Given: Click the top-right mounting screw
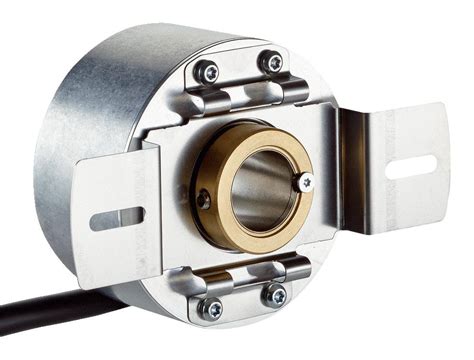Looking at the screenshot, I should (271, 62).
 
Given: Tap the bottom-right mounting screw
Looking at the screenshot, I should (272, 294).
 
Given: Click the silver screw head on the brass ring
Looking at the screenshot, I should (305, 182).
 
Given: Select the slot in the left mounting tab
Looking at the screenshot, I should (117, 216).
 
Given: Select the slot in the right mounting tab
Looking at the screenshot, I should (410, 166).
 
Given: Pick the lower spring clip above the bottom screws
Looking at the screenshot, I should (243, 272).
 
